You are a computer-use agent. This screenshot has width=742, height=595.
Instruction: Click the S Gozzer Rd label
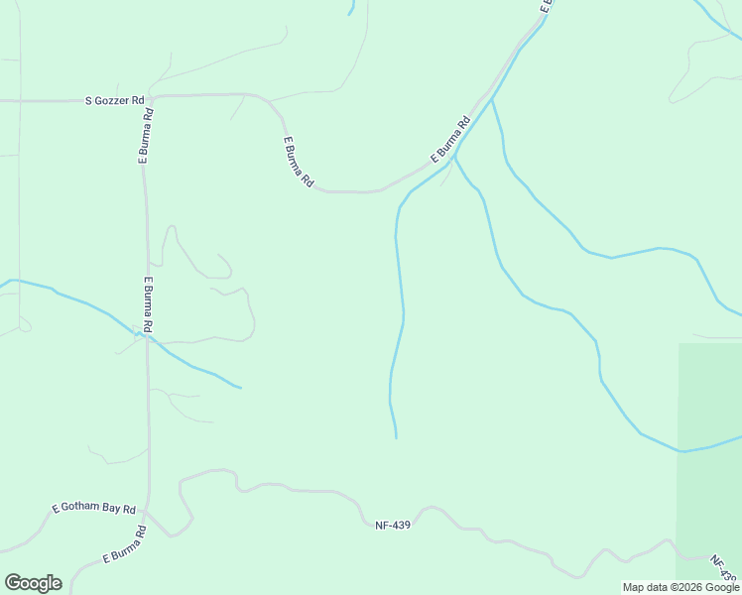pyautogui.click(x=115, y=101)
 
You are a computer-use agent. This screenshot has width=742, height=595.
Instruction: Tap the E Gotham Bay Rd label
pyautogui.click(x=93, y=508)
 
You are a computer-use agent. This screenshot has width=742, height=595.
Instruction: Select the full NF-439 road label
pyautogui.click(x=393, y=525)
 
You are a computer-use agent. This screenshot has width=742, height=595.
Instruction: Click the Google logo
pyautogui.click(x=33, y=583)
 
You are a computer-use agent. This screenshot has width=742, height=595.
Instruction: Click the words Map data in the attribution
pyautogui.click(x=645, y=587)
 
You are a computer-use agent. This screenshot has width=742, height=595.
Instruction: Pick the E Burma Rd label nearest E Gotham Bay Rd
pyautogui.click(x=124, y=545)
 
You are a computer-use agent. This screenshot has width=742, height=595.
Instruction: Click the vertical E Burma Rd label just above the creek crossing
pyautogui.click(x=147, y=303)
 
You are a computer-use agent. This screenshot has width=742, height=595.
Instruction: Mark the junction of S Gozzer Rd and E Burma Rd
pyautogui.click(x=151, y=98)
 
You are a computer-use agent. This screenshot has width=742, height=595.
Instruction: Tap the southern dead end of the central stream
pyautogui.click(x=396, y=436)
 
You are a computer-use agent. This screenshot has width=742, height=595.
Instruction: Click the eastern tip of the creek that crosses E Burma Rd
pyautogui.click(x=239, y=387)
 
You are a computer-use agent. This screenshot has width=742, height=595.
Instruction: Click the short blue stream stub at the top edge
pyautogui.click(x=351, y=9)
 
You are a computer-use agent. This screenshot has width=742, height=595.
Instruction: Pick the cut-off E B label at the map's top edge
pyautogui.click(x=545, y=6)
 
